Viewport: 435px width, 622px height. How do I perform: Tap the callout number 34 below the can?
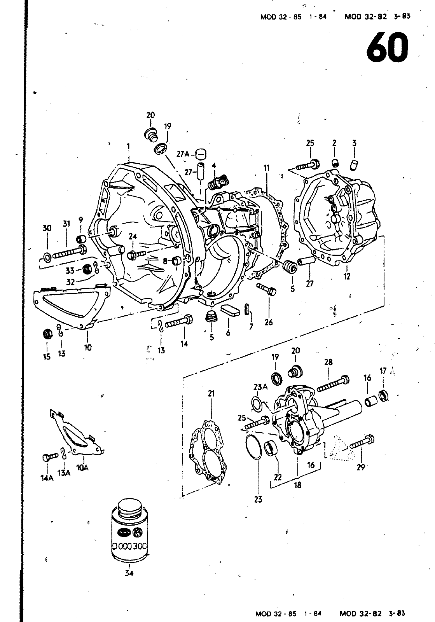[x=129, y=573]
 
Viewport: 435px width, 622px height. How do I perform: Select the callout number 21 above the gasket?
[x=211, y=393]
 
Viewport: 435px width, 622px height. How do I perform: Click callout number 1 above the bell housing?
[x=128, y=146]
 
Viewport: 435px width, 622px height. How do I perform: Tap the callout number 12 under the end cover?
[x=347, y=276]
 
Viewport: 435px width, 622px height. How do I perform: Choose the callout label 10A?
[x=82, y=468]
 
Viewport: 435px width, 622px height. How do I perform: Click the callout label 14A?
[x=47, y=478]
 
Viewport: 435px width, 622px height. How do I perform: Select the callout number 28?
[x=328, y=362]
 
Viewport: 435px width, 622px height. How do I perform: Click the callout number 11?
[x=267, y=168]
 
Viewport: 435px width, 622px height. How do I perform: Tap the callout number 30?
[x=47, y=228]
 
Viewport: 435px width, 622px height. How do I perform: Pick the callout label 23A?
[x=260, y=387]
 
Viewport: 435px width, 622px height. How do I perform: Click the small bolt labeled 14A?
[x=50, y=456]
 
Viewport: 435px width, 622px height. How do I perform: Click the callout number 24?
[x=133, y=237]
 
